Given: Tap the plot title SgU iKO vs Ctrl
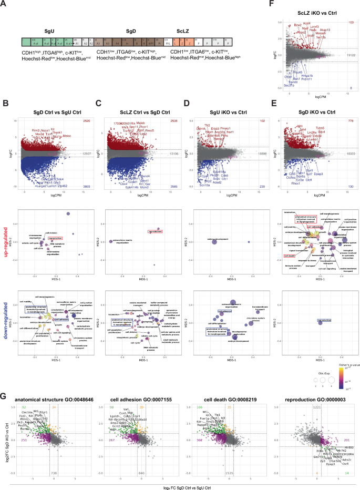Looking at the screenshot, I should (223, 109).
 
